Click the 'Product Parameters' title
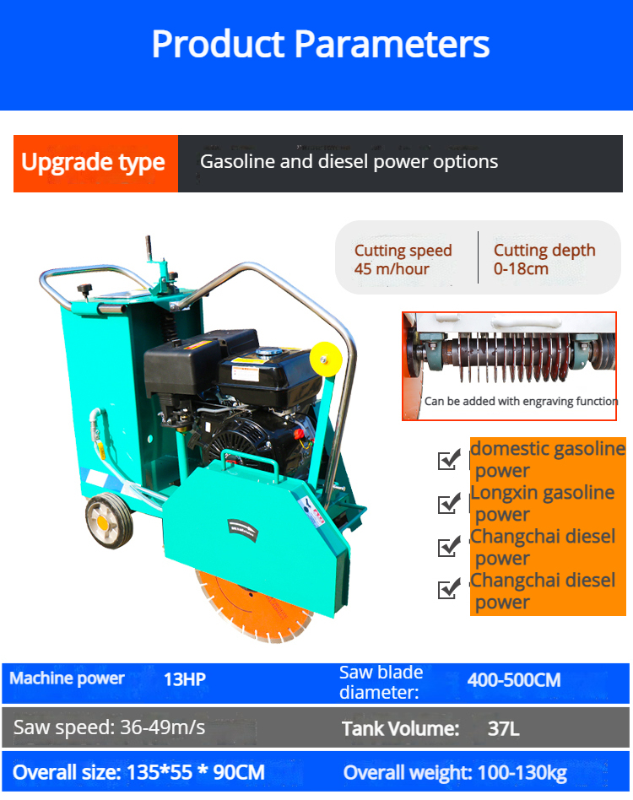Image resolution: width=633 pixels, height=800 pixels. point(321,44)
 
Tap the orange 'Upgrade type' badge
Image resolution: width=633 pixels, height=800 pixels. point(96,163)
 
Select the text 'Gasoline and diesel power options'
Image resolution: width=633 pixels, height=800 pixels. point(349,161)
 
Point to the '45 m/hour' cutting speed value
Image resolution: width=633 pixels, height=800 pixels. point(392,269)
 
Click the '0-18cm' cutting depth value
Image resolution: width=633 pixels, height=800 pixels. point(521,268)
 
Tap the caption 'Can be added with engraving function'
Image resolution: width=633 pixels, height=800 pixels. point(521,401)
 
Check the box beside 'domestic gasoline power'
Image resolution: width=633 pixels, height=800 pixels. point(449,459)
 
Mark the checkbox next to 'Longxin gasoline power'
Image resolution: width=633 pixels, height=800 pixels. point(449,503)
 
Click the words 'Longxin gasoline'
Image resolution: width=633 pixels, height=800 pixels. point(542,493)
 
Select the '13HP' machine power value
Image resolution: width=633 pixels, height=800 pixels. point(185,679)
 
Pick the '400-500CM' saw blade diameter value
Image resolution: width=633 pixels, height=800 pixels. point(514,680)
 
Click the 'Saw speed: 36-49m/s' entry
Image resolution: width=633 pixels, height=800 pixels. point(109,727)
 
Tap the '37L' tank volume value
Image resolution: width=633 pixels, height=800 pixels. point(503,728)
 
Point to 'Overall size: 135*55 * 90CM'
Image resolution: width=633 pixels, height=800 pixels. point(138,772)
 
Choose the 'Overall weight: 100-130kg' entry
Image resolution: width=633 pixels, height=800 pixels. point(455,773)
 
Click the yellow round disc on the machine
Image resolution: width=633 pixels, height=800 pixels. point(326,359)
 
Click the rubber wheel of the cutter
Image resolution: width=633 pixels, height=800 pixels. point(109,522)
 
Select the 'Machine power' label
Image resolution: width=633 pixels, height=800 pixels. point(67,678)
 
